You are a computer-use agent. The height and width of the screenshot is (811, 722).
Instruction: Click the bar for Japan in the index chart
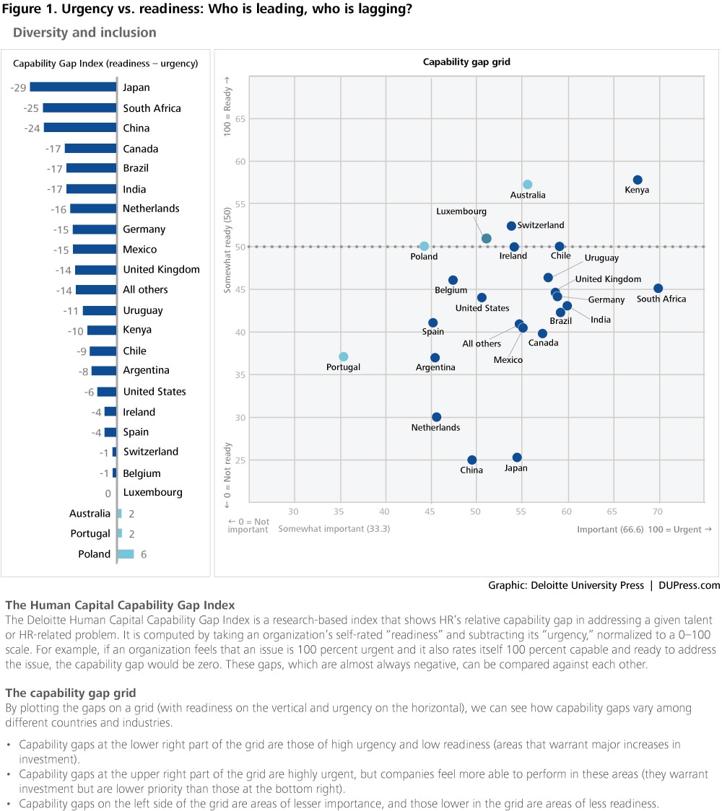(x=73, y=87)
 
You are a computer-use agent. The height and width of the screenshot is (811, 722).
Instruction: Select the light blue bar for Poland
(x=126, y=554)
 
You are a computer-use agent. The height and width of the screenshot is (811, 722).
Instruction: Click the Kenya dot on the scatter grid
(x=638, y=180)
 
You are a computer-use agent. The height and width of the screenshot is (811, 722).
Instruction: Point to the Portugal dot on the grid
(x=344, y=356)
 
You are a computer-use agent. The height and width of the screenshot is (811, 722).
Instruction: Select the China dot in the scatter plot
(x=472, y=460)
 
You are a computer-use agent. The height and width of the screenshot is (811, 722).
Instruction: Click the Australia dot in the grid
(x=528, y=185)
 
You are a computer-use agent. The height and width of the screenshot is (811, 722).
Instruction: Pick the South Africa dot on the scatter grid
(x=658, y=289)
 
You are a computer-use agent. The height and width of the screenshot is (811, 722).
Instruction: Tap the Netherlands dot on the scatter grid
(x=436, y=417)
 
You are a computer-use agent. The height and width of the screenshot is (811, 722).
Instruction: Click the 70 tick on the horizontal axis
(x=658, y=512)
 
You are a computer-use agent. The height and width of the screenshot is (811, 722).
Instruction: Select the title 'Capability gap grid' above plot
(x=466, y=62)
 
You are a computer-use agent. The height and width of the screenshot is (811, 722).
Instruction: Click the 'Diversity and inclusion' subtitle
(x=84, y=32)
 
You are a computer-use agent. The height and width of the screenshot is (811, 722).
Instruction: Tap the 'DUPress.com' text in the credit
(x=690, y=586)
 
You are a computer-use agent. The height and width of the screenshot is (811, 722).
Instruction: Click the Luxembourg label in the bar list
(x=152, y=493)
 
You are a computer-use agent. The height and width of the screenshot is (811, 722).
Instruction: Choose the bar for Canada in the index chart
(x=90, y=149)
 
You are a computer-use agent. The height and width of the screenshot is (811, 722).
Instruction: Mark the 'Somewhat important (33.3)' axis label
(x=334, y=529)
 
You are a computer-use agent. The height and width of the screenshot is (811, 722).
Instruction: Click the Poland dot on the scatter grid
(x=425, y=246)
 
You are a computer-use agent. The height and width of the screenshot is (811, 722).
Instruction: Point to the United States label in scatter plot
(x=482, y=309)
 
